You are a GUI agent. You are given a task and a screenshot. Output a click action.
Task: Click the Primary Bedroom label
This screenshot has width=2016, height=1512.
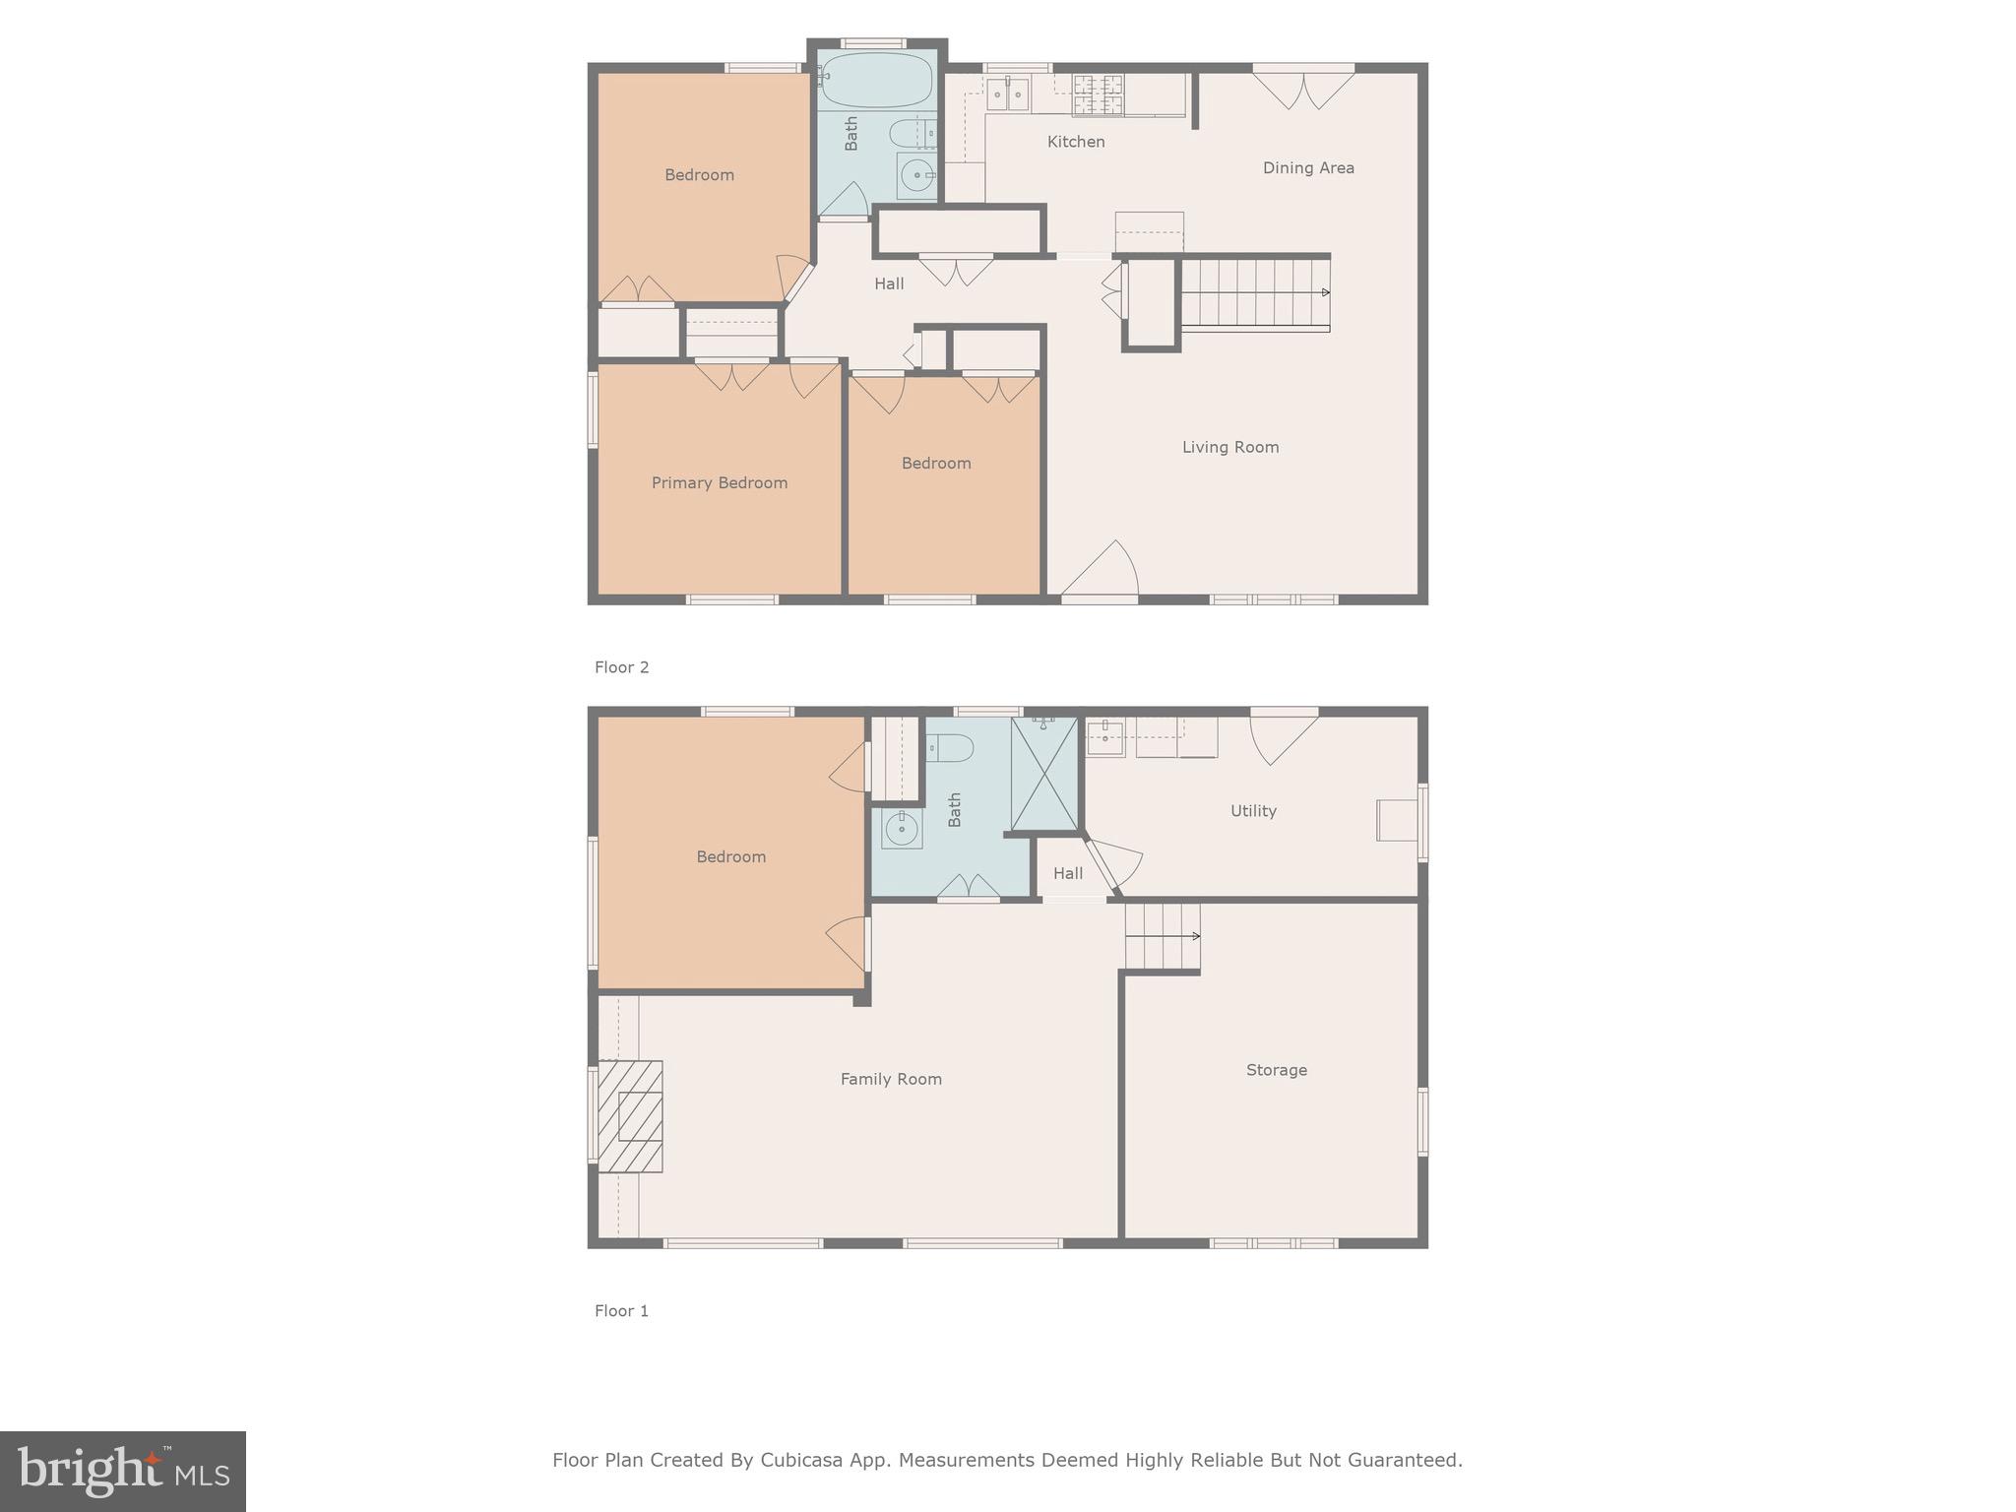click(x=720, y=482)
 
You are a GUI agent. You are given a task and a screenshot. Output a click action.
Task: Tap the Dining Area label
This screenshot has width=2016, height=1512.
click(x=1308, y=168)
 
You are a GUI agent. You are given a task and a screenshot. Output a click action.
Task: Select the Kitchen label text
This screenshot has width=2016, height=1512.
click(x=1076, y=142)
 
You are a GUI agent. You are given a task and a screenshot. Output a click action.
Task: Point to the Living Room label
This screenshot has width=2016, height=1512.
click(x=1230, y=447)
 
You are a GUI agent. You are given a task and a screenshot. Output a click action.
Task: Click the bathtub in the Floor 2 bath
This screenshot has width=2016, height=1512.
click(x=876, y=81)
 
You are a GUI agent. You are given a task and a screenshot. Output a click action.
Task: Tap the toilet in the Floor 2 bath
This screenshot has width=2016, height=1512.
click(x=912, y=132)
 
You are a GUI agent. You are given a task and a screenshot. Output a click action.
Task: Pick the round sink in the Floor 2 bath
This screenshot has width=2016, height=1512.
click(x=917, y=176)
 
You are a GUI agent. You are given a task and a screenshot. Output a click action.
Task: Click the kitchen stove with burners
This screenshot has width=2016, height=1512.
click(x=1098, y=95)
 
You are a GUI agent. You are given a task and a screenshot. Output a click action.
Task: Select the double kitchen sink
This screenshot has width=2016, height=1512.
click(x=1008, y=94)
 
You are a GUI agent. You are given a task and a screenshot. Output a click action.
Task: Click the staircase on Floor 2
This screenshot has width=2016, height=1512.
click(x=1254, y=292)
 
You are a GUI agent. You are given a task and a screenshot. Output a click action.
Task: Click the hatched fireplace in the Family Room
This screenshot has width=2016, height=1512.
click(x=631, y=1115)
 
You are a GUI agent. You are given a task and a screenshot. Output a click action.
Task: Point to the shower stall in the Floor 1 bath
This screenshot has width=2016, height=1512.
click(x=1044, y=775)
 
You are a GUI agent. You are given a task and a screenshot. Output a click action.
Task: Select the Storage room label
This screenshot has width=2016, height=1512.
click(x=1276, y=1070)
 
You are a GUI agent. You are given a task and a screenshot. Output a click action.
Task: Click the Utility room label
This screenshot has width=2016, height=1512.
click(x=1253, y=811)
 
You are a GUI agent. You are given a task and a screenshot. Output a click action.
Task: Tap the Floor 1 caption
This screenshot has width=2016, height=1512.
click(x=621, y=1311)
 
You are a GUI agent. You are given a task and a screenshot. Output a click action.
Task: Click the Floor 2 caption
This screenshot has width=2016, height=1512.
click(x=621, y=667)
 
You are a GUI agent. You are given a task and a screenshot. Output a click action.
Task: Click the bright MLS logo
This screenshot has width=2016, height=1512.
click(x=123, y=1471)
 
